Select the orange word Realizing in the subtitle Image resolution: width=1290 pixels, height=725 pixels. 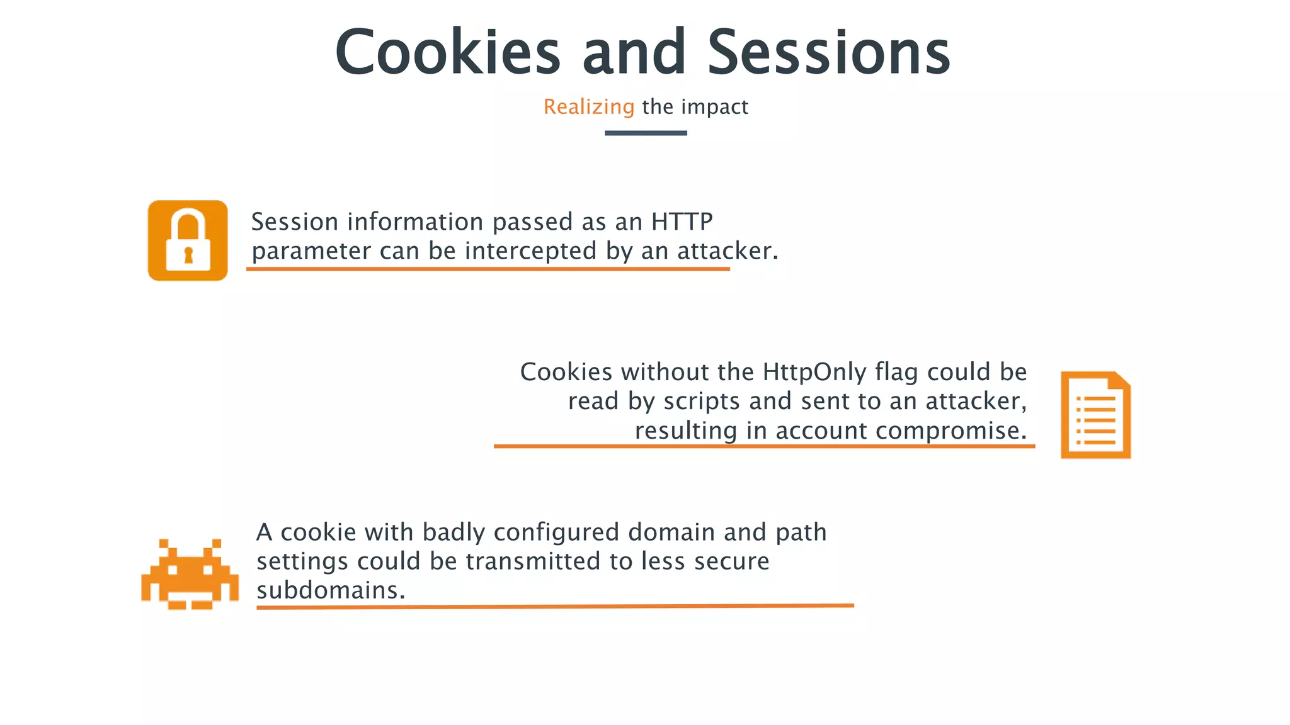pos(589,107)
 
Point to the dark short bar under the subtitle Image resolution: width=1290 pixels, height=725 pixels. pos(646,133)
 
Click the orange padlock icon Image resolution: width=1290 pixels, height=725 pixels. pos(188,240)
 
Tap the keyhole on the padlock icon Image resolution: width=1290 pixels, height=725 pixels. pos(188,255)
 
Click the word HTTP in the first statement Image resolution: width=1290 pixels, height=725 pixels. pos(682,222)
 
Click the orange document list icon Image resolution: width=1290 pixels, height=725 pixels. pos(1095,415)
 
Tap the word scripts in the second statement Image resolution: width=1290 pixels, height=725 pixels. pos(702,401)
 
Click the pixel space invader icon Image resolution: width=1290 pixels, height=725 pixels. pos(190,574)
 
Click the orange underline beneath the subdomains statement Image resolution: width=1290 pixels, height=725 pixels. pos(554,607)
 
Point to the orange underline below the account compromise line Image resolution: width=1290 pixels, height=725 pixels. pos(764,446)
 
